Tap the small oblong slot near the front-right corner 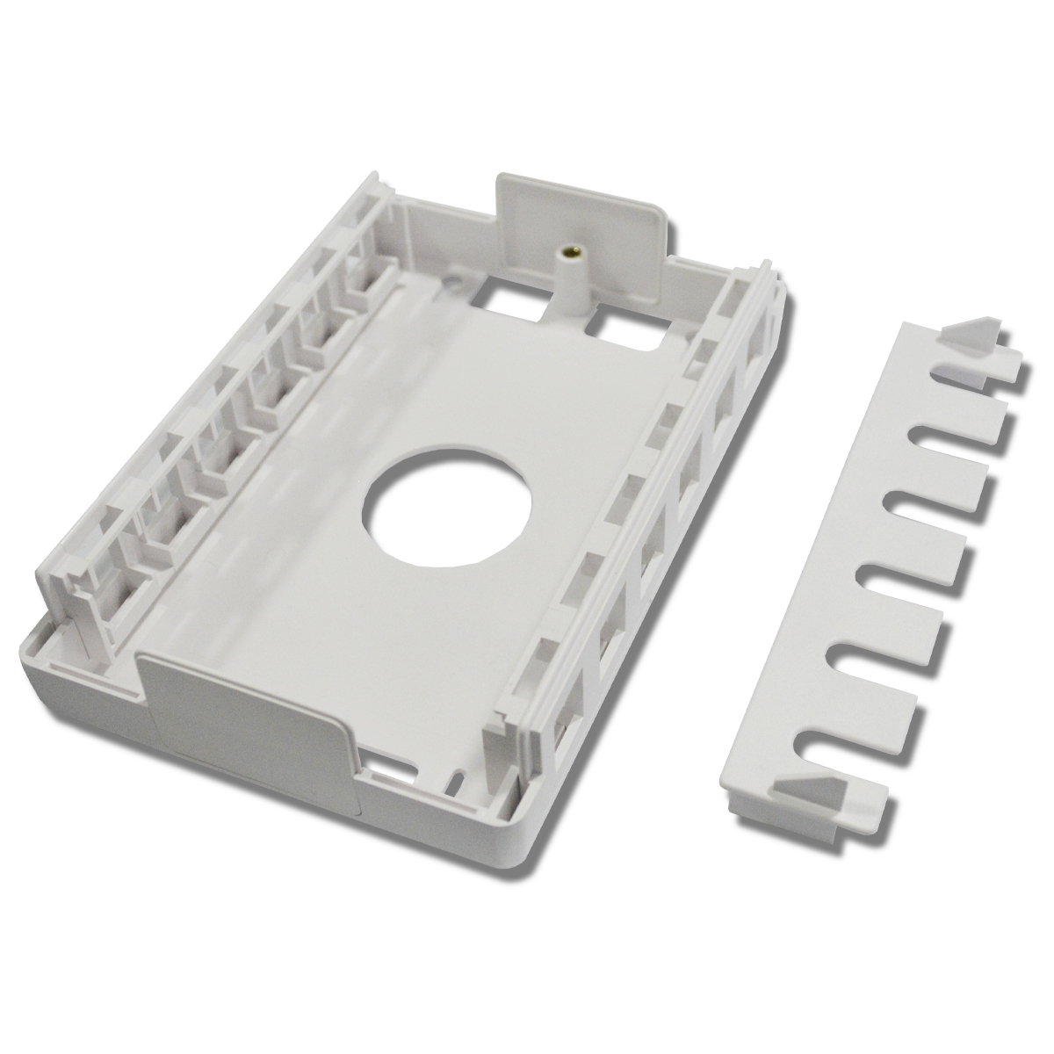pos(457,781)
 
